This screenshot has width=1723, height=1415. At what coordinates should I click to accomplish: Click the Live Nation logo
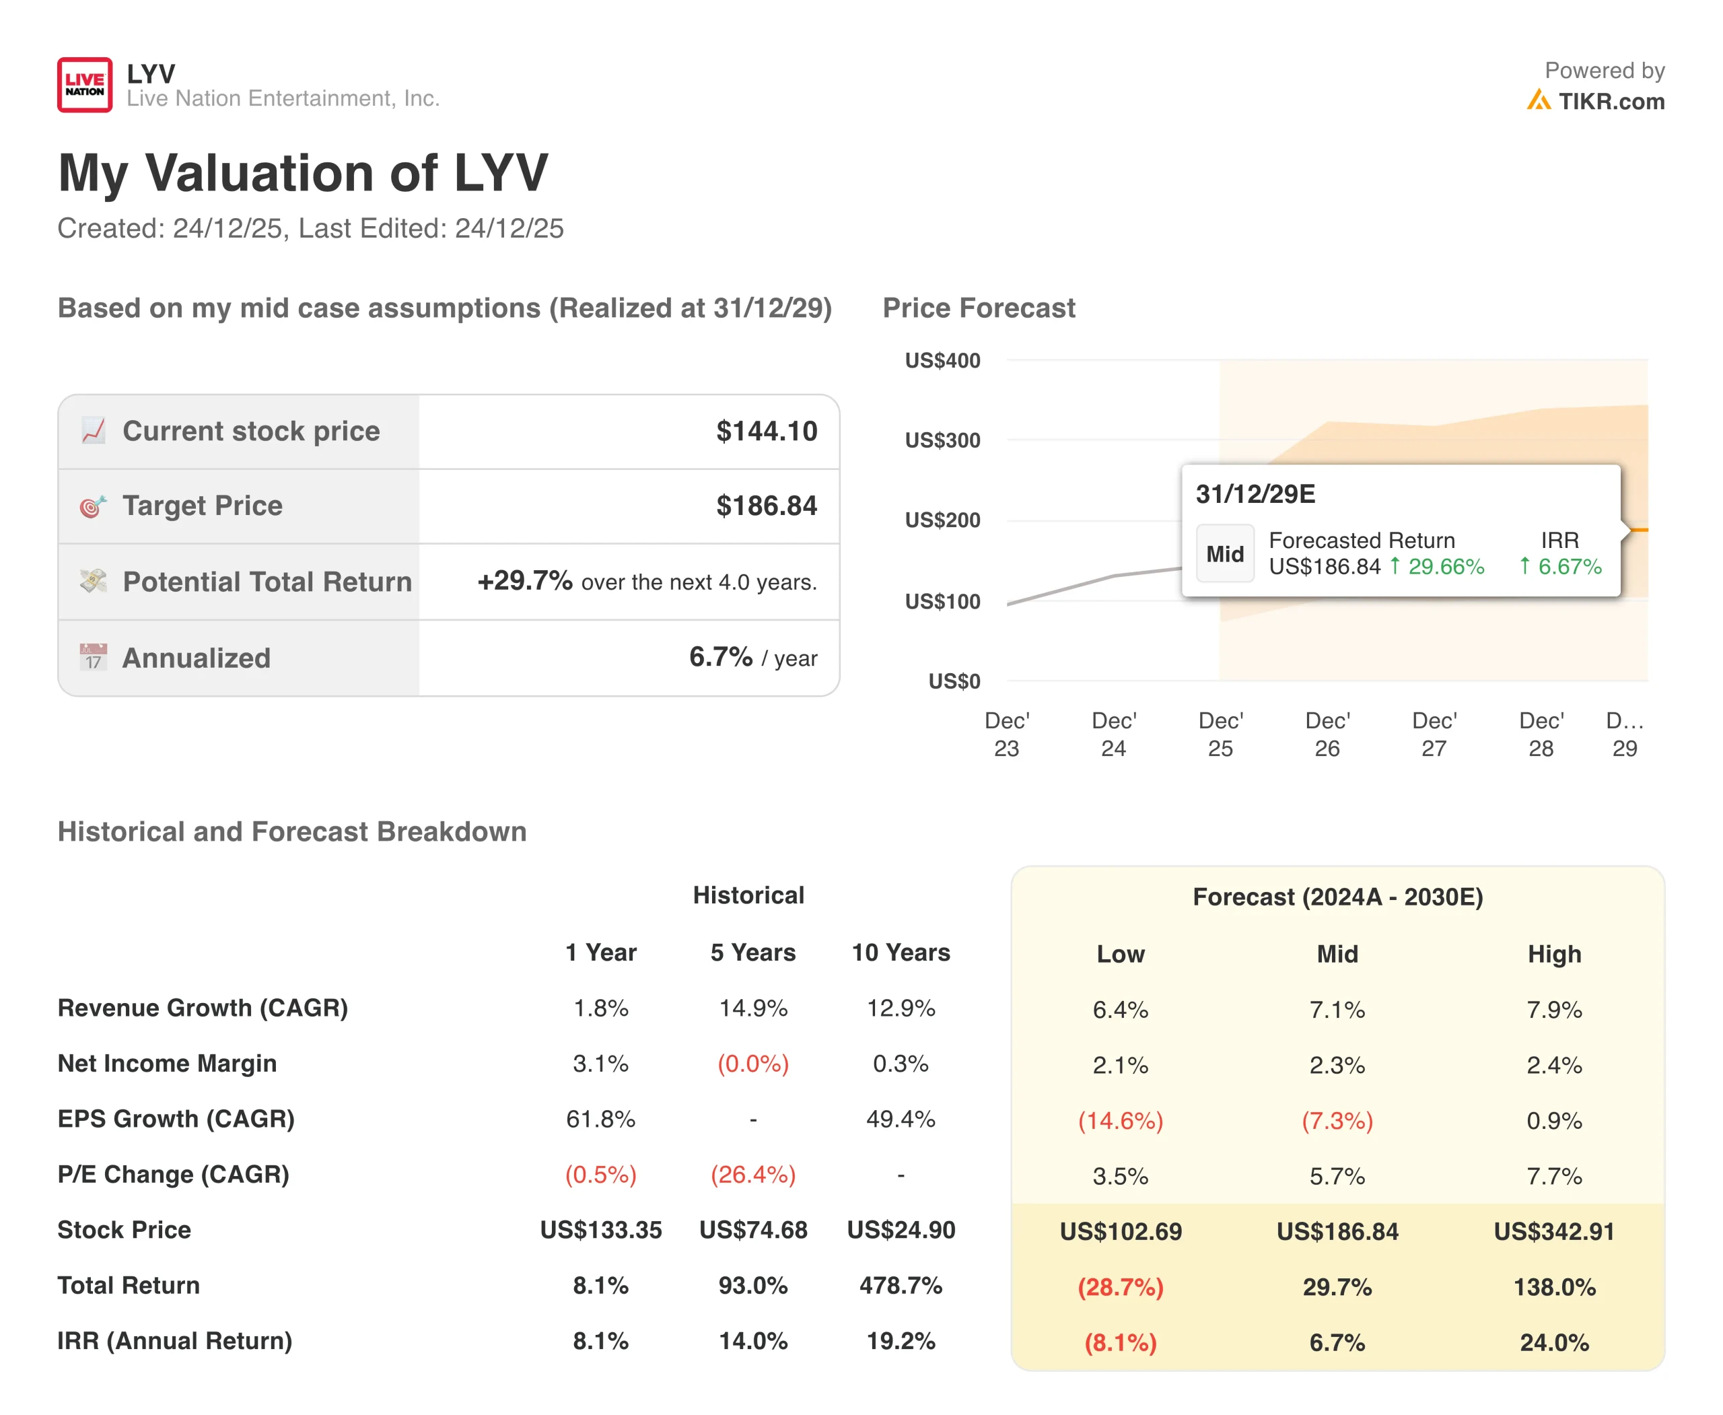pos(85,85)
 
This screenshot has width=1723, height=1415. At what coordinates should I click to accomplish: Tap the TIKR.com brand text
pos(1611,101)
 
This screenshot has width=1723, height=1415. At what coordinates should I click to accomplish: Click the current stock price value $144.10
pos(766,432)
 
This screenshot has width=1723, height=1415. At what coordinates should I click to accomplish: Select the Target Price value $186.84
pos(766,506)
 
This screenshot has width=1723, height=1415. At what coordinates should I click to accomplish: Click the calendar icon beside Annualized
pos(93,657)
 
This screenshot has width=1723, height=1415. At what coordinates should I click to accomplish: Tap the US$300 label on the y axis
pos(942,440)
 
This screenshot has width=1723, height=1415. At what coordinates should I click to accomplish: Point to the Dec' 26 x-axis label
pos(1327,734)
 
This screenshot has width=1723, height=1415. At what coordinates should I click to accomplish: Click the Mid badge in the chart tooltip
pos(1224,553)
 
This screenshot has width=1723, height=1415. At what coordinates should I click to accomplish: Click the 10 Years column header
pos(901,952)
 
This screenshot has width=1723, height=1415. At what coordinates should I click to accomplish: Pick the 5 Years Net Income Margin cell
pos(752,1064)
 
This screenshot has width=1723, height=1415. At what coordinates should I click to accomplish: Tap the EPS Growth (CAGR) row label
pos(176,1119)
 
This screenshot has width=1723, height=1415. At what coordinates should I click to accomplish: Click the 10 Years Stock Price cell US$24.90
pos(901,1230)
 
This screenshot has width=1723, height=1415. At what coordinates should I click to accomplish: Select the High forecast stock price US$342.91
pos(1553,1232)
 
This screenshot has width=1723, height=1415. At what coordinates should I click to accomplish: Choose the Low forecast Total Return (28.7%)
pos(1120,1287)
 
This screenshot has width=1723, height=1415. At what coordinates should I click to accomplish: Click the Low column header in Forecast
pos(1120,954)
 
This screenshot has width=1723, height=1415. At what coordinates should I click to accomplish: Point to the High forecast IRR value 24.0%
pos(1553,1342)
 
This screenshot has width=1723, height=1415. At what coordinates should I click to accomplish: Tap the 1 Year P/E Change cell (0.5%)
pos(600,1175)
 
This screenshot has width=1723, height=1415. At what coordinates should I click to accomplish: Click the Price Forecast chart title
pos(978,308)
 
